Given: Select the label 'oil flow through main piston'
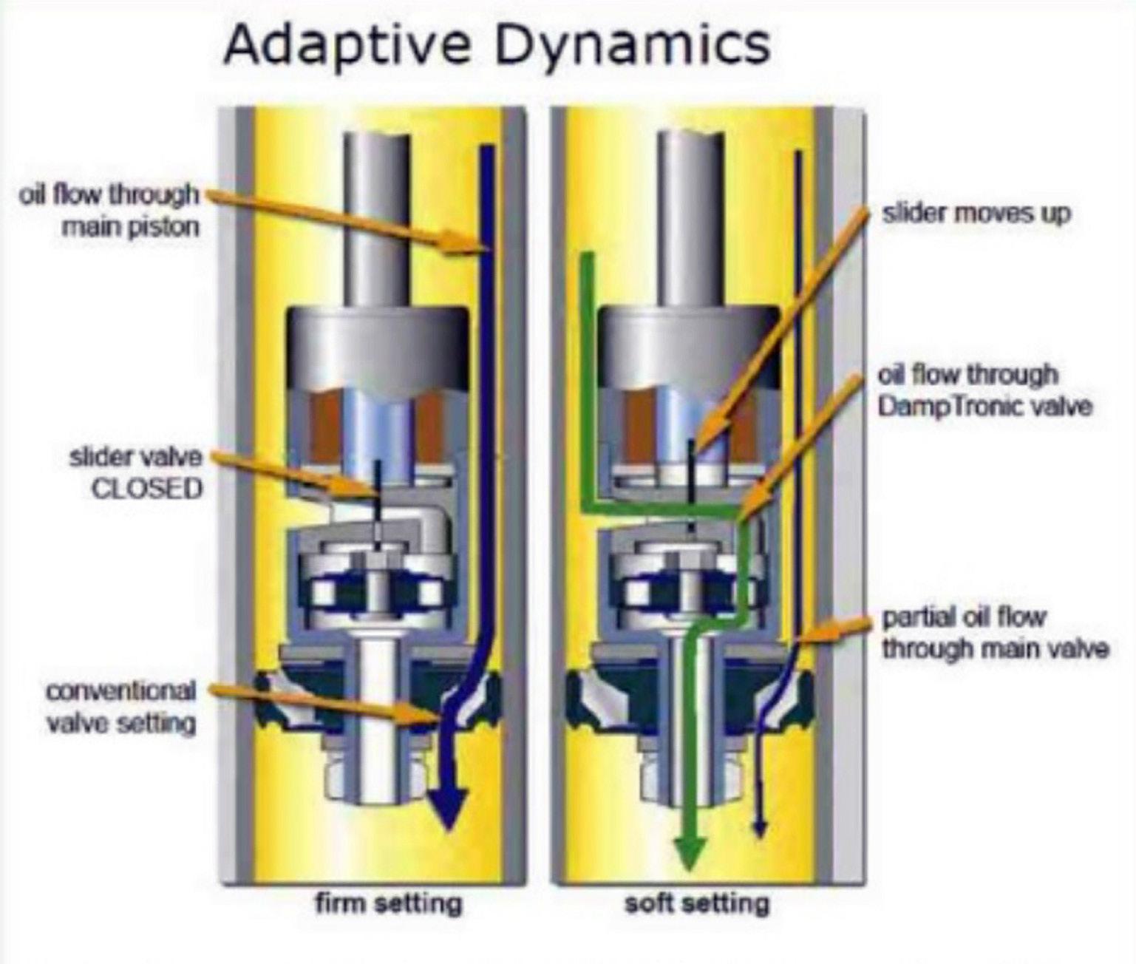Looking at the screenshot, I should (111, 211).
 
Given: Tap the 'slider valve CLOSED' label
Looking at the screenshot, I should (137, 473).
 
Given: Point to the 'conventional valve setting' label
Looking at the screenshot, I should (121, 707).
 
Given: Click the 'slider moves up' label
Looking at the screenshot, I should (976, 214).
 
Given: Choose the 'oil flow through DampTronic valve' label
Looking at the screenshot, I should (984, 390).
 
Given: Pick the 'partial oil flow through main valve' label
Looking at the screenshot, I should (995, 633).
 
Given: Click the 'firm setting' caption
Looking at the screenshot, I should (388, 903).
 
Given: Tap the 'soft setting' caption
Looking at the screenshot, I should (696, 903).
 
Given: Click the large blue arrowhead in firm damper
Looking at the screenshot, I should (449, 813).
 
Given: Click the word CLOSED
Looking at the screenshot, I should (147, 489).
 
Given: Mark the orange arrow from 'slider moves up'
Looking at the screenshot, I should (783, 325).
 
